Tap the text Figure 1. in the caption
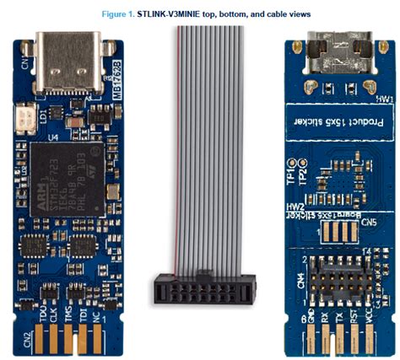point(122,14)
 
